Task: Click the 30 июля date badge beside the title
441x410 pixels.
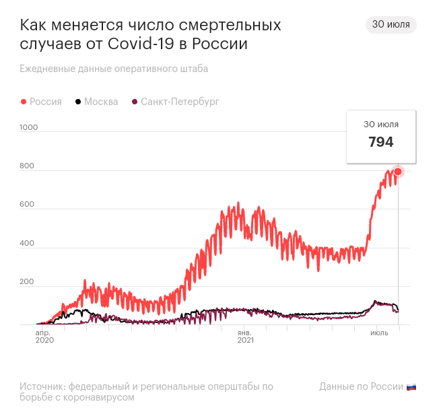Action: [x=391, y=25]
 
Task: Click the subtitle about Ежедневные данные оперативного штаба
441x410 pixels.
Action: [x=114, y=69]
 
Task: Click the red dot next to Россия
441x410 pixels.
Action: [x=24, y=102]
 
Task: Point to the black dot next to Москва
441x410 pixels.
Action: [x=79, y=102]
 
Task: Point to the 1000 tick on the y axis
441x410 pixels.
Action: [x=29, y=127]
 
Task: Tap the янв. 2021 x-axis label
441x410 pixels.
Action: [x=245, y=337]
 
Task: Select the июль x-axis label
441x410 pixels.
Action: [x=379, y=333]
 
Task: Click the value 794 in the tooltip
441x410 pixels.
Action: [x=381, y=142]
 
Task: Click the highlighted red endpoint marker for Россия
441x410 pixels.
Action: [x=398, y=171]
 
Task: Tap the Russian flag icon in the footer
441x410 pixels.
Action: [x=411, y=387]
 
